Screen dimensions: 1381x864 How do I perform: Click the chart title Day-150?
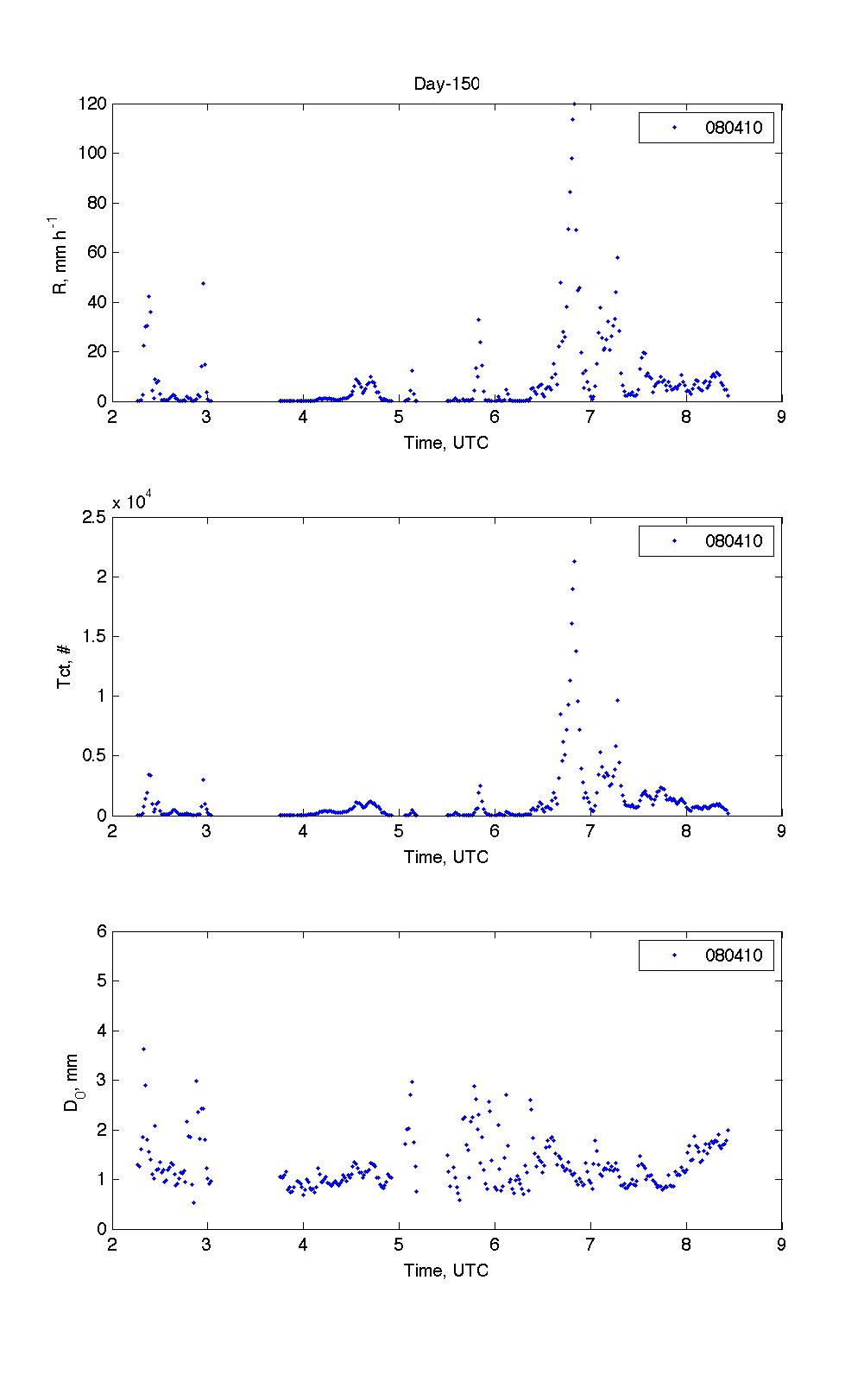(x=446, y=84)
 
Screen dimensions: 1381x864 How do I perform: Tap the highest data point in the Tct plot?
(x=574, y=562)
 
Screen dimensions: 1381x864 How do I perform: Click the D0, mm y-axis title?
(x=71, y=1081)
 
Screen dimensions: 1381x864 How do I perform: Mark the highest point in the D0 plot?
(x=143, y=1049)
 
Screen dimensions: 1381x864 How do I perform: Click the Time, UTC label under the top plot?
(x=446, y=443)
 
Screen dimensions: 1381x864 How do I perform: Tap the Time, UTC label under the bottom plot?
(x=446, y=1271)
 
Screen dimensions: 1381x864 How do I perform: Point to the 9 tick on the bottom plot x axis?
(x=781, y=1245)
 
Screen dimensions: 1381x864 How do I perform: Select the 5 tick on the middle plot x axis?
(x=399, y=832)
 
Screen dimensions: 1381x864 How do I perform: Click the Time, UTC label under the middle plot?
(x=446, y=857)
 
